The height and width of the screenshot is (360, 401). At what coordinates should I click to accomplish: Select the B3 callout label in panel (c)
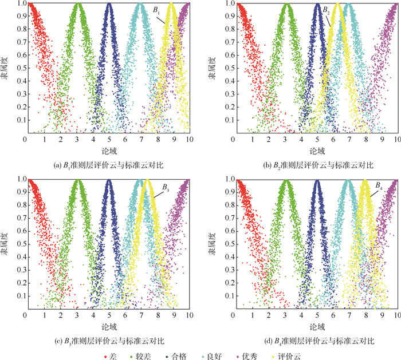pos(165,187)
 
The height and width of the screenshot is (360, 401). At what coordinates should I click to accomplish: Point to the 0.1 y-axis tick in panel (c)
pos(18,296)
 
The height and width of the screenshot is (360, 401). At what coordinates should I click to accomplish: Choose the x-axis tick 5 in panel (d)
pos(317,316)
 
